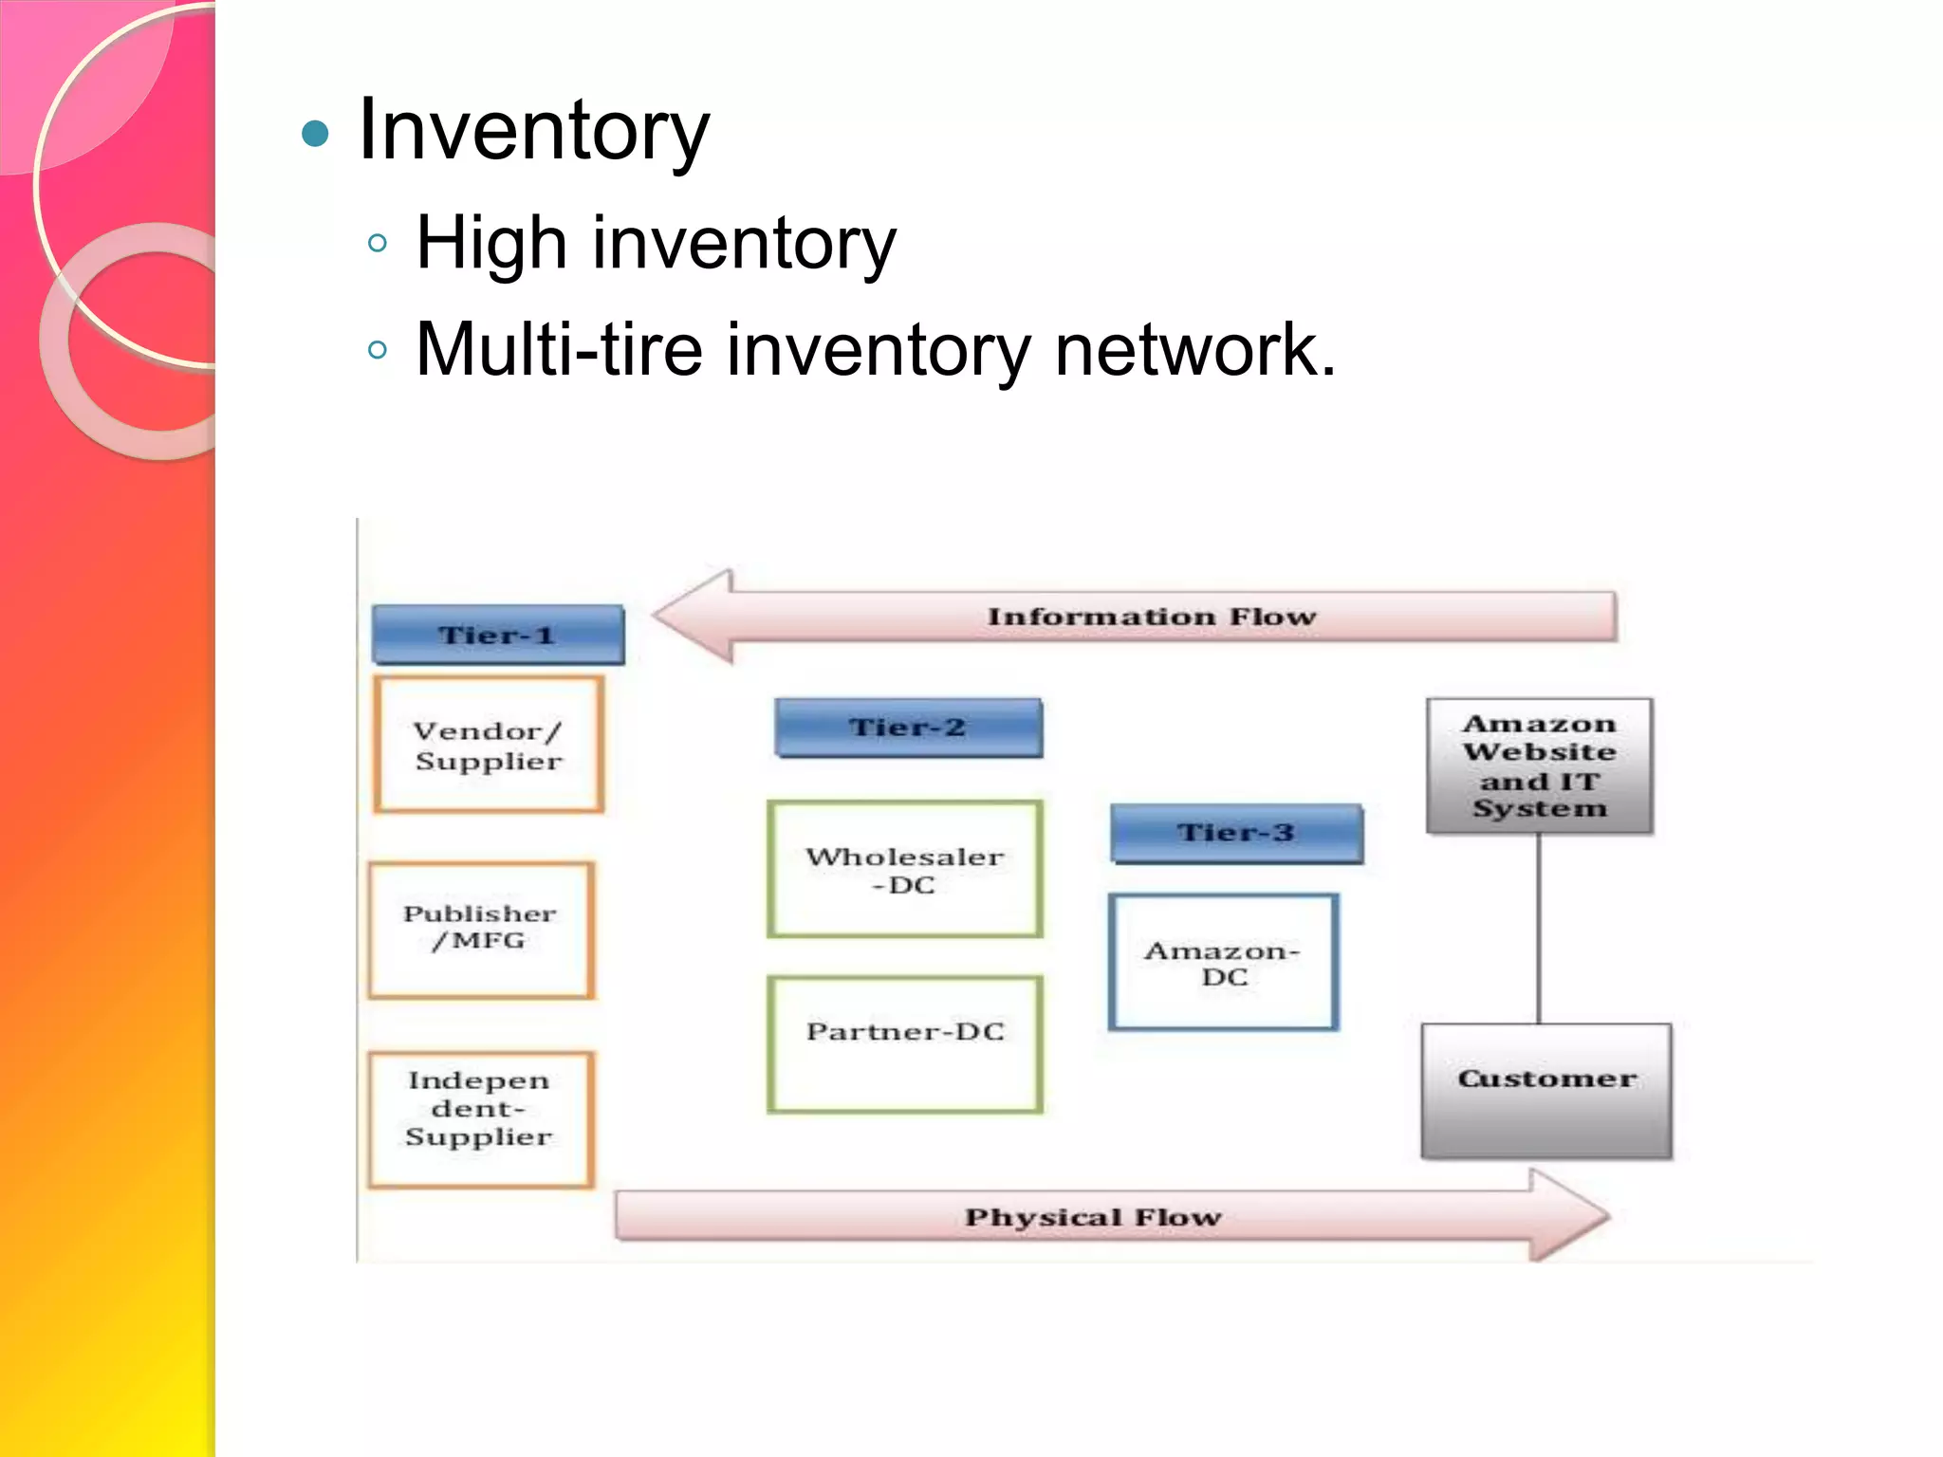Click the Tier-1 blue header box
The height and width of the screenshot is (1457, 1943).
pos(498,635)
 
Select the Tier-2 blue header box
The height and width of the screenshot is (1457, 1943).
pos(908,728)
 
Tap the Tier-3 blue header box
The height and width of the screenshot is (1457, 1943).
pos(1236,833)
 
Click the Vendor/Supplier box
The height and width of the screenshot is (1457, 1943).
pos(489,745)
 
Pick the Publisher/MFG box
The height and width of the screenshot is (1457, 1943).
pos(481,930)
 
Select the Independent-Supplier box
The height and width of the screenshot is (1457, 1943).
pos(480,1118)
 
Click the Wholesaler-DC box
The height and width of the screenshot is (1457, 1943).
pos(905,870)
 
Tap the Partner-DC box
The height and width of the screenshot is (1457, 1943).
pos(905,1043)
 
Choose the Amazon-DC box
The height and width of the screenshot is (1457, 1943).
pos(1223,962)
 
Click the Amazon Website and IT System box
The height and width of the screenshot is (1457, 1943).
pos(1539,765)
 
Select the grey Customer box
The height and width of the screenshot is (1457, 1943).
pos(1546,1090)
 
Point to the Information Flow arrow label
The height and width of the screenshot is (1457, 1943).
pos(1151,617)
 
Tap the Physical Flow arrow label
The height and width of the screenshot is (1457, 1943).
pos(1093,1217)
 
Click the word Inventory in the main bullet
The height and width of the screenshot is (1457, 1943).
pos(533,131)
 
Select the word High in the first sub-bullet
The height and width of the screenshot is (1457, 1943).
pos(491,243)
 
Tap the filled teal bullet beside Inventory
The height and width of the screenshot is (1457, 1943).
pos(315,134)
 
